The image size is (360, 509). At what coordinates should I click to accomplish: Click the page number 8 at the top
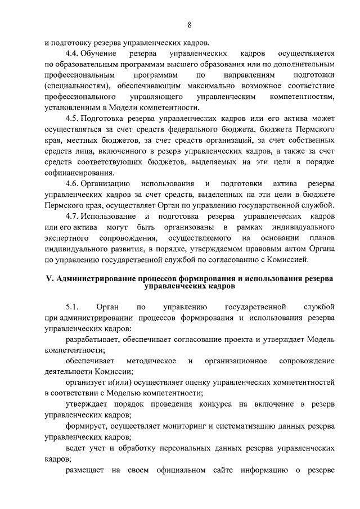coord(190,24)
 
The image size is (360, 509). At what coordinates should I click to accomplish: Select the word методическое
coord(151,361)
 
